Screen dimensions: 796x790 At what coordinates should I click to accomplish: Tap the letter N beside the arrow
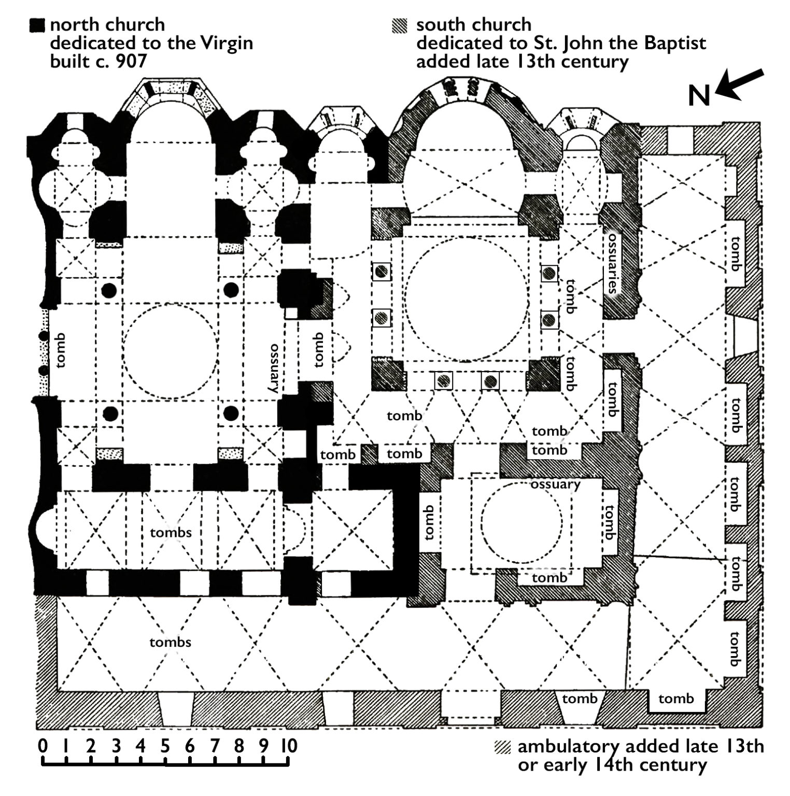coord(699,96)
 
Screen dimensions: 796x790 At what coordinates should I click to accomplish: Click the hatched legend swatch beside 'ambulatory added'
coord(502,747)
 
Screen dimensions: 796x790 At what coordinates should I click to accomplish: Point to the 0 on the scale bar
coord(43,746)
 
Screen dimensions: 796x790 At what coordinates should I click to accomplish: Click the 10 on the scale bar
coord(289,746)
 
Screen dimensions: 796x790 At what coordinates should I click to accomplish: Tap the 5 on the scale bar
coord(165,746)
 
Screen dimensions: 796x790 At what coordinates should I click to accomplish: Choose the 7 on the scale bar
coord(215,746)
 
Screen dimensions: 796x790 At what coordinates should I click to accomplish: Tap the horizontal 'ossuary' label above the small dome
coord(555,484)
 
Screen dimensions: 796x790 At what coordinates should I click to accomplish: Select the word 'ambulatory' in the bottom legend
coord(568,747)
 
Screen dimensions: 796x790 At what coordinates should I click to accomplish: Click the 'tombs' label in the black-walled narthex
coord(171,532)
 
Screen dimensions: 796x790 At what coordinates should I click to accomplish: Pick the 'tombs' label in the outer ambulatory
coord(170,642)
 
